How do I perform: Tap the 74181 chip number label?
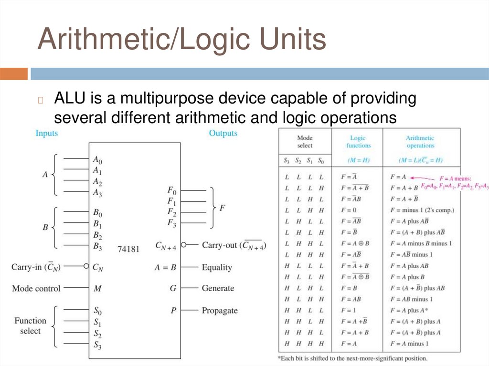point(128,249)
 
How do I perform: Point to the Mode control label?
point(36,288)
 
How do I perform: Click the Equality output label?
point(217,267)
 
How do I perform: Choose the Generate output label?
point(218,288)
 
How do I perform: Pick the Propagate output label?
point(219,311)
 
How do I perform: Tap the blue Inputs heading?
point(46,133)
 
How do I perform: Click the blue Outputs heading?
point(223,133)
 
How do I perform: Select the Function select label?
point(30,325)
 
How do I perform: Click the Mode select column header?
point(305,142)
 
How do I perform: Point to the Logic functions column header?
point(358,142)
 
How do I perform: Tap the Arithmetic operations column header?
point(420,142)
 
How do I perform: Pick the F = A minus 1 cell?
point(409,344)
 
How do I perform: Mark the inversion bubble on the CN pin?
point(86,266)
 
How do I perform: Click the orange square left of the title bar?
point(14,74)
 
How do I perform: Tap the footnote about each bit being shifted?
point(352,358)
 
